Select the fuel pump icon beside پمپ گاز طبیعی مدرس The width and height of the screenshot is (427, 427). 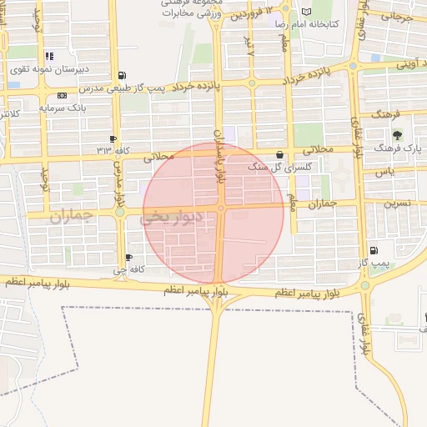click(x=123, y=76)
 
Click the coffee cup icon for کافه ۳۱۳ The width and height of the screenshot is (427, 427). click(x=113, y=138)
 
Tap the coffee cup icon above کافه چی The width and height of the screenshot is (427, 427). click(x=128, y=257)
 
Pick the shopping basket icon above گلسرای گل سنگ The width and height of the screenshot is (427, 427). click(x=279, y=154)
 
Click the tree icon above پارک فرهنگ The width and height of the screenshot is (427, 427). click(x=396, y=134)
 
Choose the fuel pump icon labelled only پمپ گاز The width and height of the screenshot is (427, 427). click(x=373, y=250)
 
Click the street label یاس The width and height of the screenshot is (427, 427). click(x=384, y=171)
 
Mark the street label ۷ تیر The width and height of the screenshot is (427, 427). click(x=249, y=46)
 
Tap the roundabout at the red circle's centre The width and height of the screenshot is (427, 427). click(x=221, y=208)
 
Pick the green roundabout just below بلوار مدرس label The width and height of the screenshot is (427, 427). click(x=120, y=213)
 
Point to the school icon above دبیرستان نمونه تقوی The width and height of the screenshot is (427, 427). click(x=14, y=84)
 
